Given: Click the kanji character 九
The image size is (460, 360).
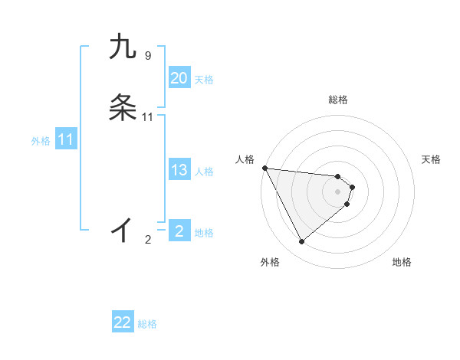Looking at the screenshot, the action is (123, 47).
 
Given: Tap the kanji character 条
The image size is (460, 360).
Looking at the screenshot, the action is (123, 108).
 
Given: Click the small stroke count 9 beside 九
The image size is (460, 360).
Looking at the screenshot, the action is (148, 55).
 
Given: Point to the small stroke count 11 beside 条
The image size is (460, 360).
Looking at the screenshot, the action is (148, 116).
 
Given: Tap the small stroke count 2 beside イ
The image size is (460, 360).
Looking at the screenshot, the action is (148, 240).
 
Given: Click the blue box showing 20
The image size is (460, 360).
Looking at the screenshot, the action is (179, 78).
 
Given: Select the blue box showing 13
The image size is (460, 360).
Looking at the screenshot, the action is (179, 171).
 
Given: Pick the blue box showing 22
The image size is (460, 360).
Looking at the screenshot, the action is (123, 322).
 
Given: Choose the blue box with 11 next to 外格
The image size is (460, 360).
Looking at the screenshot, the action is (66, 140).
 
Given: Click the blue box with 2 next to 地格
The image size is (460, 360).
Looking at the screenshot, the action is (179, 231).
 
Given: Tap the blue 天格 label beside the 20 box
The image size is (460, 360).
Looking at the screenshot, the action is (204, 80).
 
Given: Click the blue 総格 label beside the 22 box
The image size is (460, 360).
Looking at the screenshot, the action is (147, 324).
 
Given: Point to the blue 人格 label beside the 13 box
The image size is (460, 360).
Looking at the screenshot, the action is (204, 172).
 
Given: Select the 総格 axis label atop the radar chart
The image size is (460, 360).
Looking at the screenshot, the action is (337, 100).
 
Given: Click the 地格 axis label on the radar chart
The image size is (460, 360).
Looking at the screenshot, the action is (402, 263).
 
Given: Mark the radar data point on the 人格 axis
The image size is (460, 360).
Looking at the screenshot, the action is (264, 168).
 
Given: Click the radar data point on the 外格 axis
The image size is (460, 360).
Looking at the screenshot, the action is (301, 242).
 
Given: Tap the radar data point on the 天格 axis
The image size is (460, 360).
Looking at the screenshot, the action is (352, 187).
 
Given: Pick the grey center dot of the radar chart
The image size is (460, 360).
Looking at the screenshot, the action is (337, 191).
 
